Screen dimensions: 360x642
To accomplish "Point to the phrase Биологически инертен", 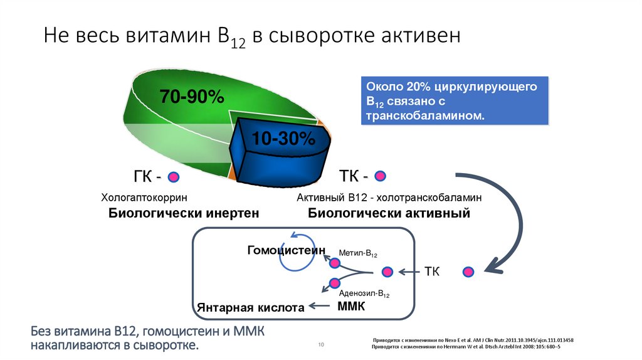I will point(184,213).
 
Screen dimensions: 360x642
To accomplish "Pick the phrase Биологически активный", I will point(389,213).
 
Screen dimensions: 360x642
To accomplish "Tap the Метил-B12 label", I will point(358,254).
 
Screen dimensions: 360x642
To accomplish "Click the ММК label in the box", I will point(350,307).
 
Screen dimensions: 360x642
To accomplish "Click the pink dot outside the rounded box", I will point(468,272).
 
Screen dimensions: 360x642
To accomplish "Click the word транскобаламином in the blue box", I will point(425,117).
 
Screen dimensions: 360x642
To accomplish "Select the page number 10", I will point(320,345).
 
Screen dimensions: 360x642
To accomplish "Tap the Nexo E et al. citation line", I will point(473,340).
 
